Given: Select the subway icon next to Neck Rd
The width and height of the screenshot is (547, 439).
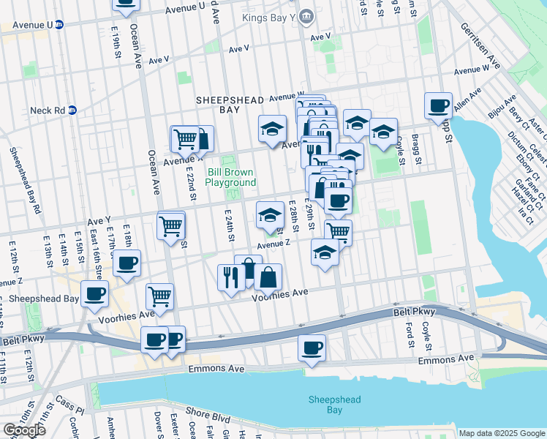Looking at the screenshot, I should point(72,110).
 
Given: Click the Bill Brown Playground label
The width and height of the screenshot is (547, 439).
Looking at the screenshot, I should point(231,177).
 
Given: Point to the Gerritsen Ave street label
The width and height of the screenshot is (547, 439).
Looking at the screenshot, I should point(479,45).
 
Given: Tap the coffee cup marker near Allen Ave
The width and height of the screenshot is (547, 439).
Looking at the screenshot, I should point(438,105).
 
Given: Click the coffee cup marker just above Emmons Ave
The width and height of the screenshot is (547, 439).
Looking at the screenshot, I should point(312,348).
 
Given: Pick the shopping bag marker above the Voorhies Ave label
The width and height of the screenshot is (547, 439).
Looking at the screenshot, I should point(268,277).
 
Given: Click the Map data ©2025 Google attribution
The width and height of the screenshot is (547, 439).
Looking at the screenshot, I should point(502,433).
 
